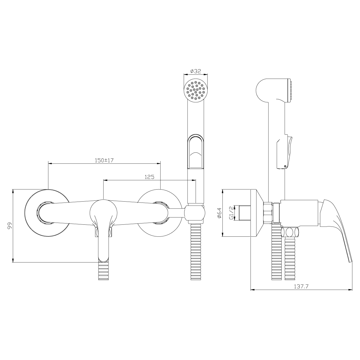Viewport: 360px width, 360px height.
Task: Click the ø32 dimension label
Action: [x=195, y=71]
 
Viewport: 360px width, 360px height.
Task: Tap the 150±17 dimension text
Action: [x=104, y=160]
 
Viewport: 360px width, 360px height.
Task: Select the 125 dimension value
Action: [x=149, y=177]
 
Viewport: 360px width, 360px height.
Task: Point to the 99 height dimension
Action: [x=10, y=226]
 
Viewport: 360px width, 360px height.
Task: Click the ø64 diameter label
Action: [x=219, y=213]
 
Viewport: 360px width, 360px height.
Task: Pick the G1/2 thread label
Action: [x=231, y=213]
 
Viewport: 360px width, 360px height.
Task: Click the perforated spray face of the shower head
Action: [x=196, y=91]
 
